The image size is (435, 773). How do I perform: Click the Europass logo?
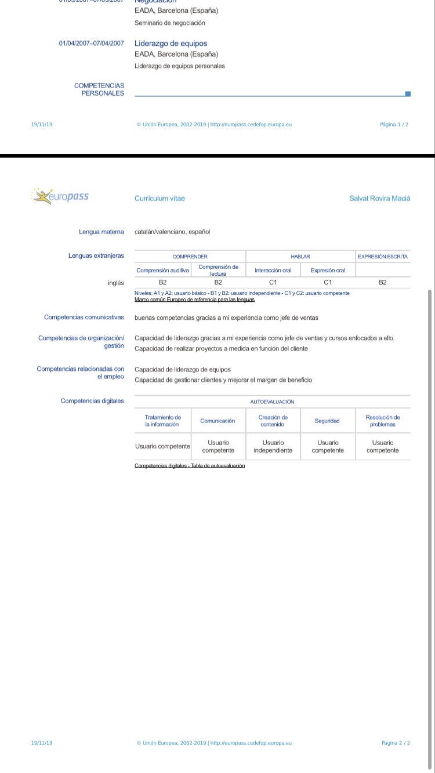tap(61, 196)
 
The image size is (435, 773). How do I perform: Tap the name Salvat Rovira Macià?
tap(379, 198)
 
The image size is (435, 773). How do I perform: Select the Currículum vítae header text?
tap(159, 198)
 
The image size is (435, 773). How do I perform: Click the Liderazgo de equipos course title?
tap(171, 43)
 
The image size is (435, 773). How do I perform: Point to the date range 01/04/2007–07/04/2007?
tap(91, 43)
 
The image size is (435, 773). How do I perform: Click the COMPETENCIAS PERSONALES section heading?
tap(99, 89)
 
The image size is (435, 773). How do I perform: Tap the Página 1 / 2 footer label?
tap(394, 125)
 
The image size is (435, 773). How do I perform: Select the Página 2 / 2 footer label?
tap(396, 743)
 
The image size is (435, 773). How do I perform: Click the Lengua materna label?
tap(101, 232)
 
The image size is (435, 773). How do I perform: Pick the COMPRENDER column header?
tap(190, 256)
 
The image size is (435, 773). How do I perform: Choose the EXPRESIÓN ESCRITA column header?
tap(383, 256)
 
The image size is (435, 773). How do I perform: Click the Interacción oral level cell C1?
tap(273, 282)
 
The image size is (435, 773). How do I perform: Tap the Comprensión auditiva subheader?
tap(162, 271)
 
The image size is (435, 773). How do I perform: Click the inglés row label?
tap(116, 283)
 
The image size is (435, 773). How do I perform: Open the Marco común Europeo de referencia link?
tap(194, 300)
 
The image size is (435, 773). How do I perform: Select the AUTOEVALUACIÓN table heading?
tap(272, 402)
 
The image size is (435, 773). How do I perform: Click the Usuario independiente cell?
tap(273, 446)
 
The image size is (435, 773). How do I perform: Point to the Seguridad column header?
tap(327, 421)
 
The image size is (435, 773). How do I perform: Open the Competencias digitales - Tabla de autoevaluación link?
tap(190, 466)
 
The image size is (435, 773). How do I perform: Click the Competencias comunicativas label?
tap(84, 318)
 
